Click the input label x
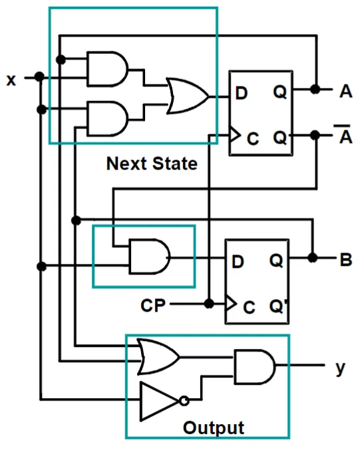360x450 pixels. [x=11, y=80]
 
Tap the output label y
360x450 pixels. [x=340, y=368]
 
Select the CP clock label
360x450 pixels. [x=153, y=305]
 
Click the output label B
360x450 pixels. [x=345, y=260]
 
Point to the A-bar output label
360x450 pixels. [x=345, y=134]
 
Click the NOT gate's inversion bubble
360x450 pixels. [x=184, y=401]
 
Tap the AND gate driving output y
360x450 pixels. [x=255, y=366]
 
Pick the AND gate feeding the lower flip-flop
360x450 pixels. [x=150, y=257]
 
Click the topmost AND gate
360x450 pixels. [x=108, y=69]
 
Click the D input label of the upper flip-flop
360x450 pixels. [x=242, y=93]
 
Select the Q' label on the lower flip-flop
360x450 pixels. [x=278, y=306]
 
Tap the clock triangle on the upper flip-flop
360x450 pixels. [x=235, y=135]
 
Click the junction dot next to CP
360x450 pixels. [x=209, y=303]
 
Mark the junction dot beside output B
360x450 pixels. [x=313, y=258]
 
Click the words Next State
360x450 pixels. [x=152, y=164]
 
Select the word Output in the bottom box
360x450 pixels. [x=214, y=428]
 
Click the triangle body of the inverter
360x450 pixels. [x=158, y=401]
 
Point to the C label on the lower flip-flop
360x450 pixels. [x=249, y=307]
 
